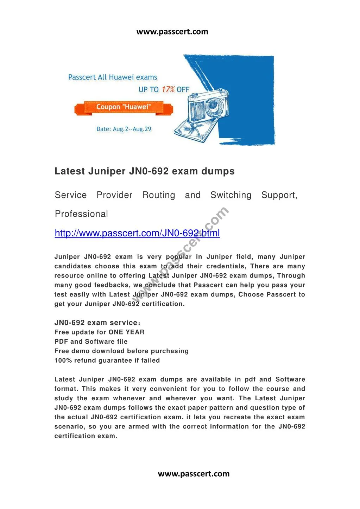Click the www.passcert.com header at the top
(172, 32)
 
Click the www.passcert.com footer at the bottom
(194, 473)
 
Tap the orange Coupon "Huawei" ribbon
(124, 107)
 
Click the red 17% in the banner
(168, 89)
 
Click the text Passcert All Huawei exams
(113, 77)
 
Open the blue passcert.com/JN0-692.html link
(137, 233)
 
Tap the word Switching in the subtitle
(231, 195)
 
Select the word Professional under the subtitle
(81, 214)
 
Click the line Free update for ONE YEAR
(99, 332)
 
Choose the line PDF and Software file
(91, 342)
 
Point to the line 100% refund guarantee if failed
(107, 361)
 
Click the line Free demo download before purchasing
(121, 351)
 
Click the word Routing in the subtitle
(158, 195)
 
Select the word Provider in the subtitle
(114, 195)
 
